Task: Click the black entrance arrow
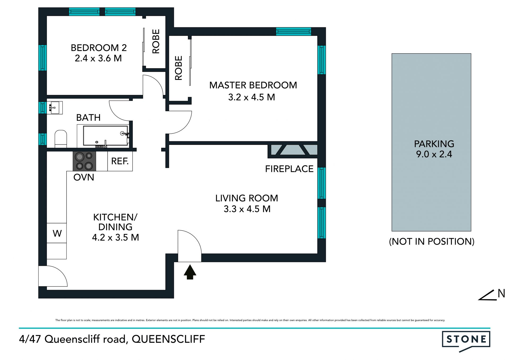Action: [x=190, y=272]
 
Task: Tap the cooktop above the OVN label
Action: [x=84, y=161]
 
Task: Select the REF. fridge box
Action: [x=120, y=161]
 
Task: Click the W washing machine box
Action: [x=57, y=233]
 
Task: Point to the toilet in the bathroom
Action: [x=61, y=139]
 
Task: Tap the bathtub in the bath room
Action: [x=105, y=136]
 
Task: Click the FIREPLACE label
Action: [x=289, y=169]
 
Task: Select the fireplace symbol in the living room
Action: [x=293, y=150]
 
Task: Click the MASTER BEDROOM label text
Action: [x=253, y=85]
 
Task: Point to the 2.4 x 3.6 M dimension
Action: [x=98, y=58]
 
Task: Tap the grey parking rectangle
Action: [x=431, y=142]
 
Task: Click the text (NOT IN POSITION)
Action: [x=432, y=241]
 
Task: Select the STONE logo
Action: [x=466, y=341]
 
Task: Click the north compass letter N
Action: [x=501, y=293]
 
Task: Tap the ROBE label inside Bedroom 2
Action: [x=156, y=41]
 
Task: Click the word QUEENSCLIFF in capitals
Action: [x=168, y=339]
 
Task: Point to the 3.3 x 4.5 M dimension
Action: [x=247, y=209]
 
